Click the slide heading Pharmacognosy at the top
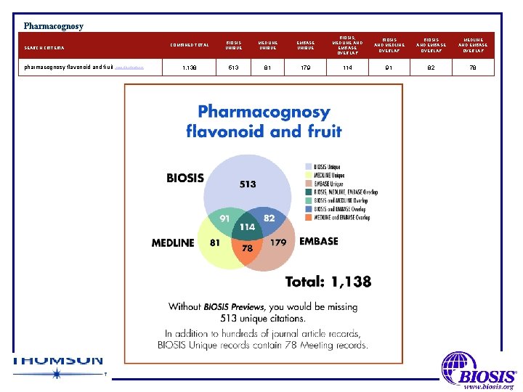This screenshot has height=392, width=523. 53,26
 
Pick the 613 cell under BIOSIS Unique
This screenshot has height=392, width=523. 233,67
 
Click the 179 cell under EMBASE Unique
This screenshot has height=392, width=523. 307,67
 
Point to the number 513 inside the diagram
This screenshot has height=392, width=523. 248,184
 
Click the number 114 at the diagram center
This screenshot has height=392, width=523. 247,227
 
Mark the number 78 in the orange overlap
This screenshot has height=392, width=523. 248,249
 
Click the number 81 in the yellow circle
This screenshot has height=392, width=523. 216,242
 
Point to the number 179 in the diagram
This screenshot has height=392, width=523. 278,242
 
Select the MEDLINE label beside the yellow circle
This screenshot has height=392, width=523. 173,242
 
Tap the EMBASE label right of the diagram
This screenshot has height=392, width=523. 319,242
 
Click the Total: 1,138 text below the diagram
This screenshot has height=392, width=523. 328,281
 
